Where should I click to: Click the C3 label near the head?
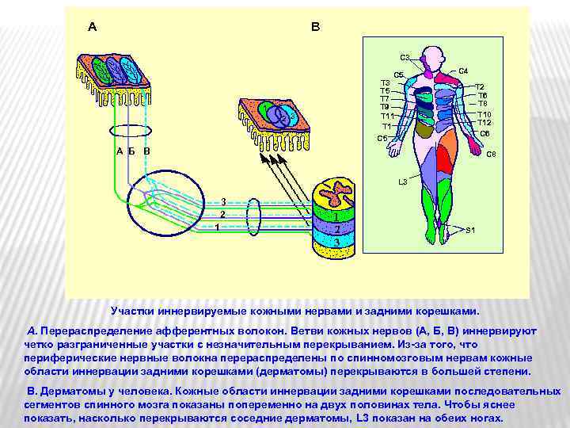(405, 57)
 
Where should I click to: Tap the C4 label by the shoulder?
(463, 71)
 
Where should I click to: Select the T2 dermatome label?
(480, 86)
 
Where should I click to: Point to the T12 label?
(484, 123)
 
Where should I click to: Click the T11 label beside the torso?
(387, 117)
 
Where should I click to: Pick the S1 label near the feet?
(470, 230)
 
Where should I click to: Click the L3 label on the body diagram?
(402, 182)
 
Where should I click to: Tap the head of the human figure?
(432, 56)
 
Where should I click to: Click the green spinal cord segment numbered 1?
(336, 216)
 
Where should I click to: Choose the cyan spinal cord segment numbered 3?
(336, 242)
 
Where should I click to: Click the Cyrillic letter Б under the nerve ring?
(131, 151)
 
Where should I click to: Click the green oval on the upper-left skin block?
(97, 70)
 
